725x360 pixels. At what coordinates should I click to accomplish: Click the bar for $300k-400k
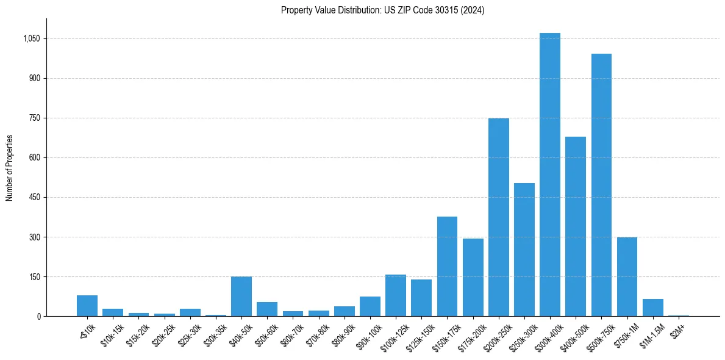[x=549, y=175]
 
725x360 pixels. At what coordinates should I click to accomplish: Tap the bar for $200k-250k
[x=498, y=217]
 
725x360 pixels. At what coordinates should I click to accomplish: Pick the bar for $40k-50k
[x=241, y=297]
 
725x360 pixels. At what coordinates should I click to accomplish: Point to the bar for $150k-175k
[x=447, y=267]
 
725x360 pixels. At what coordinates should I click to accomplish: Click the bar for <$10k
[x=87, y=306]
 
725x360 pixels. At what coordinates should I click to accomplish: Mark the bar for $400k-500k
[x=576, y=226]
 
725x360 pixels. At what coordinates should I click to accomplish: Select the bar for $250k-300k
[x=524, y=250]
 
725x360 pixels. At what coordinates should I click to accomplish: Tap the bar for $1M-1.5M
[x=652, y=308]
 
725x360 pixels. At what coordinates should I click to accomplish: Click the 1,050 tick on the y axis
[x=31, y=38]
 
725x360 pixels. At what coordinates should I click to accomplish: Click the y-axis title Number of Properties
[x=10, y=168]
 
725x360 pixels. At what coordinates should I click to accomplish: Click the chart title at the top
[x=382, y=10]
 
